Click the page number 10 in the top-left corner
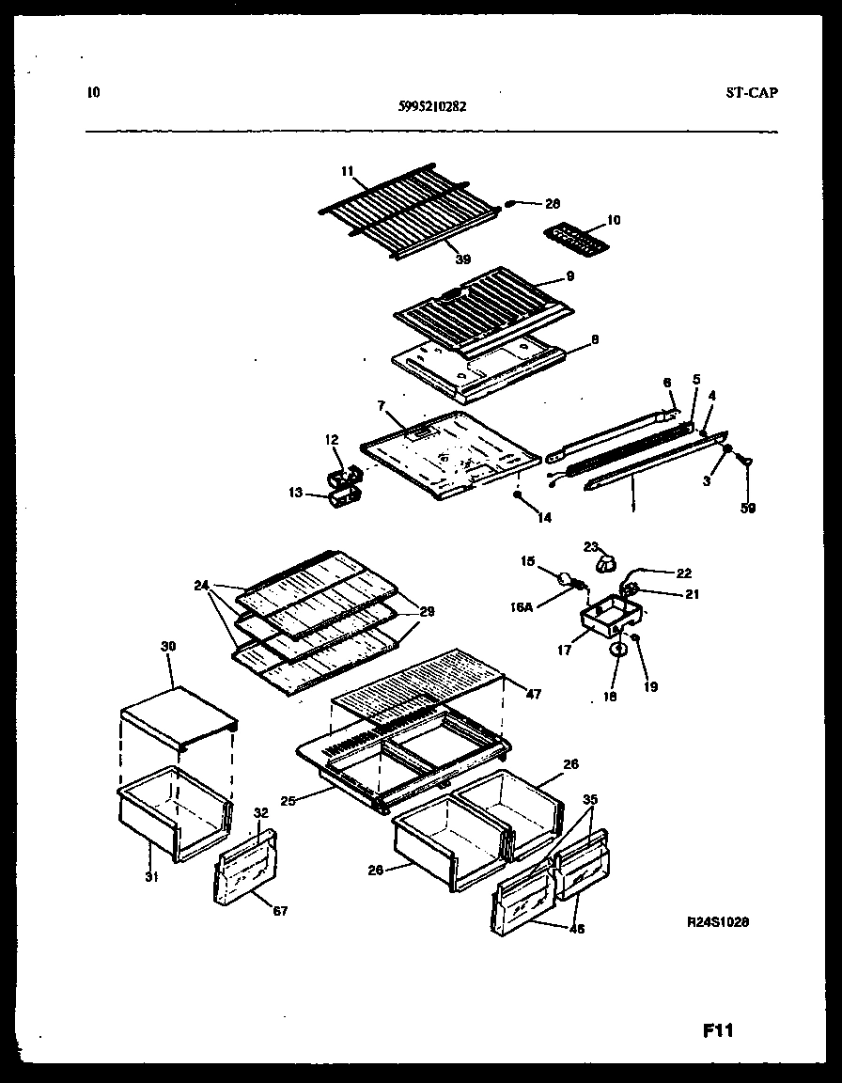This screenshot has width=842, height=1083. [92, 92]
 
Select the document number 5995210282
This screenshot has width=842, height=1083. [432, 106]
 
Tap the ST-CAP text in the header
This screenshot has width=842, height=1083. [752, 92]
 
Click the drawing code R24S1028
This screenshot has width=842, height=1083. [717, 923]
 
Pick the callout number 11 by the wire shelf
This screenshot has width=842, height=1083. [348, 171]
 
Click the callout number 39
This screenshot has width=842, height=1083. [463, 259]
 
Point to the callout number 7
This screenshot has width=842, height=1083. [382, 405]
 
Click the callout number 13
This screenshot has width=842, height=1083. [294, 492]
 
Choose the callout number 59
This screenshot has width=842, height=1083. [747, 509]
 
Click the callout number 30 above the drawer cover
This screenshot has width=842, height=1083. [169, 647]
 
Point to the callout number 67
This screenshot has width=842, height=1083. [280, 910]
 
